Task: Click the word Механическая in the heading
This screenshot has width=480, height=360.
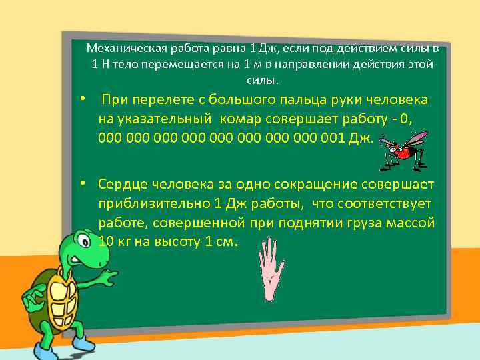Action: [x=124, y=49]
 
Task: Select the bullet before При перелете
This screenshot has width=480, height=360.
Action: [x=81, y=99]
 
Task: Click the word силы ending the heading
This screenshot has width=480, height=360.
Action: [x=260, y=81]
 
